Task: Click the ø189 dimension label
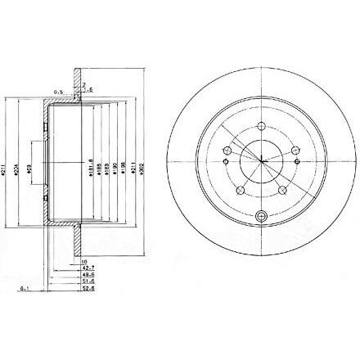(x=106, y=170)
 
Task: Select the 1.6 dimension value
(x=91, y=88)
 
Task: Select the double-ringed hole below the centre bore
(x=262, y=216)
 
